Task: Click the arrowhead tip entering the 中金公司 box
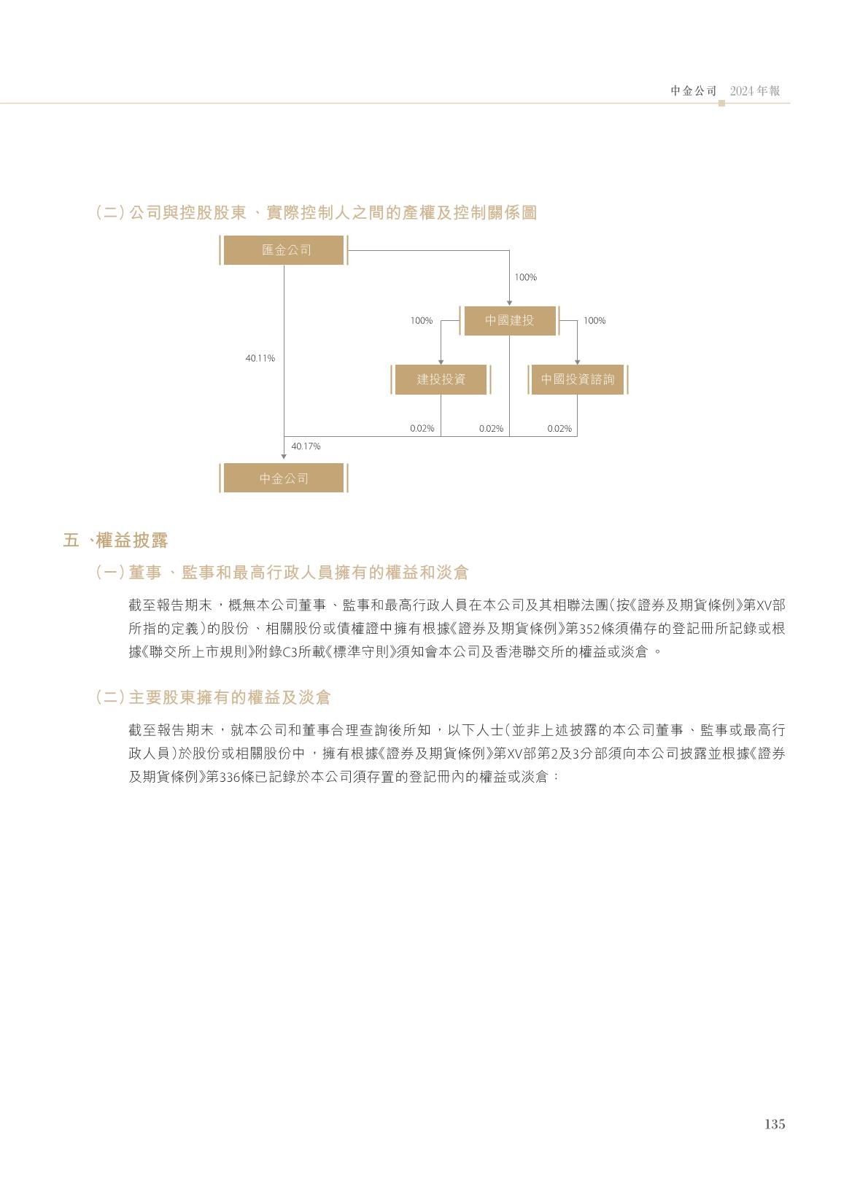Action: click(x=284, y=459)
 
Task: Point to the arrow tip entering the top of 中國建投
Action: click(x=509, y=305)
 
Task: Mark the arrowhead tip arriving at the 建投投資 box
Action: click(x=441, y=365)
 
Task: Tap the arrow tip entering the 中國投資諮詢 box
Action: click(x=577, y=365)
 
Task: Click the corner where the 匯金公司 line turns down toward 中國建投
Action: click(x=509, y=250)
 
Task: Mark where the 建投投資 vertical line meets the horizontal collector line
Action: click(x=441, y=436)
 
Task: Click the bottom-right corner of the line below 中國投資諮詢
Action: click(x=577, y=436)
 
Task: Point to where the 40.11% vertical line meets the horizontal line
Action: click(x=284, y=436)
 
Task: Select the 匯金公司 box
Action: click(x=284, y=250)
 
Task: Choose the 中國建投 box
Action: click(x=509, y=320)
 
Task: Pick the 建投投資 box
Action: click(x=441, y=379)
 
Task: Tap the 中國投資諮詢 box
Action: click(x=577, y=379)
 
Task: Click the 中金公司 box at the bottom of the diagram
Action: click(x=284, y=478)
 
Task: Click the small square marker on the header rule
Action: click(x=721, y=103)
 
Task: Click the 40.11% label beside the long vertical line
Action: click(x=260, y=358)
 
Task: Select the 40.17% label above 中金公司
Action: click(x=306, y=446)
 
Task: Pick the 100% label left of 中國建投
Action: click(x=421, y=320)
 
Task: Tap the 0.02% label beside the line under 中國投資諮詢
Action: click(x=559, y=429)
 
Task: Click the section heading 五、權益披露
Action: click(x=116, y=540)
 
